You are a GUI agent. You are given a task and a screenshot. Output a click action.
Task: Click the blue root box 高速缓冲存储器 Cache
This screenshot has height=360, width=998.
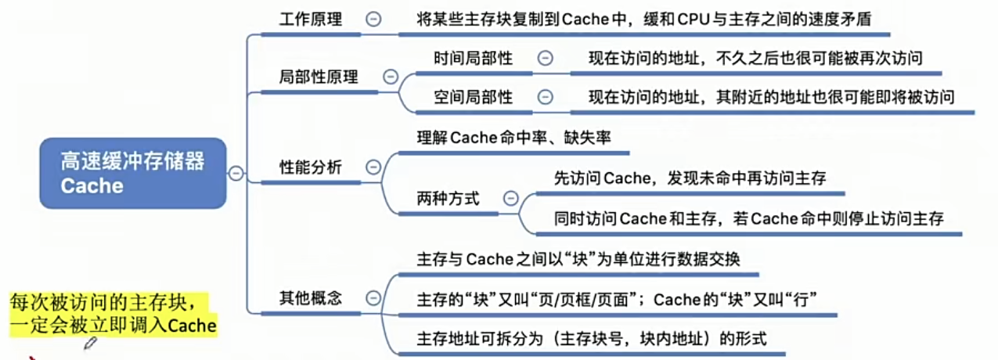pos(133,173)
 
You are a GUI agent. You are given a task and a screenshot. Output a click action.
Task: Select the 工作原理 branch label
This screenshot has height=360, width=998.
pos(311,20)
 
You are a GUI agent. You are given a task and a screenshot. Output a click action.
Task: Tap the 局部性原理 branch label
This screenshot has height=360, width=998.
pos(319,77)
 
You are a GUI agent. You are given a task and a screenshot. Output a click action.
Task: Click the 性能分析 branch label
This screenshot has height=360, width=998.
pos(311,167)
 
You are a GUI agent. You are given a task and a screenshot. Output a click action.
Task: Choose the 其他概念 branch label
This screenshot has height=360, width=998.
pos(311,298)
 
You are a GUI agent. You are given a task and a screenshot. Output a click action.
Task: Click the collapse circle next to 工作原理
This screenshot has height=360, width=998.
pos(373,20)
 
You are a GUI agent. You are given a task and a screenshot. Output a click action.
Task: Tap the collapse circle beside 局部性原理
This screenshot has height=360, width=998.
pos(390,77)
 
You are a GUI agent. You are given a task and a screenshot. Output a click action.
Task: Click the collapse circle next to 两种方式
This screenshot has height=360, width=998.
pos(511,199)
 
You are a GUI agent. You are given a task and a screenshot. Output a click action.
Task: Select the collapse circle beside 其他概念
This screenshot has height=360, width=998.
pos(373,298)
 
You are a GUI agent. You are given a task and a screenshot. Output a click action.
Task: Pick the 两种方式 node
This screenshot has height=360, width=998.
pos(448,199)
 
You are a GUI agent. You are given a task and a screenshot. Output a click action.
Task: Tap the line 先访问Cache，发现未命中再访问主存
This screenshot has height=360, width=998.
pos(689,178)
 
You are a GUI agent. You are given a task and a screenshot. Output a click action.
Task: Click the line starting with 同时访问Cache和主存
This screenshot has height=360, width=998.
pos(748,218)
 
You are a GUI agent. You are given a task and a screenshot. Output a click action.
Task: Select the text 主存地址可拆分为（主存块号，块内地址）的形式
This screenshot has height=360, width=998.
pos(591,339)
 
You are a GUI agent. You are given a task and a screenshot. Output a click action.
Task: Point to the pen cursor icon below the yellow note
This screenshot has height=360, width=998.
pos(91,343)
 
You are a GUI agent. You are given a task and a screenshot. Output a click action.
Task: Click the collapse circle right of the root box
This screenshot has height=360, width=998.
pos(235,174)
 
